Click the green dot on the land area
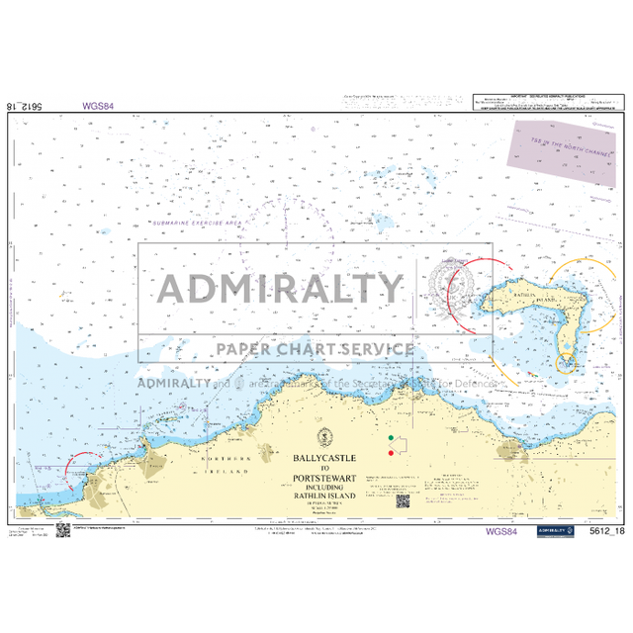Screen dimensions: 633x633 click(392, 437)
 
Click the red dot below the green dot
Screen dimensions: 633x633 click(392, 453)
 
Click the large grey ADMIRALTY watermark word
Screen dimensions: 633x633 click(283, 288)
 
